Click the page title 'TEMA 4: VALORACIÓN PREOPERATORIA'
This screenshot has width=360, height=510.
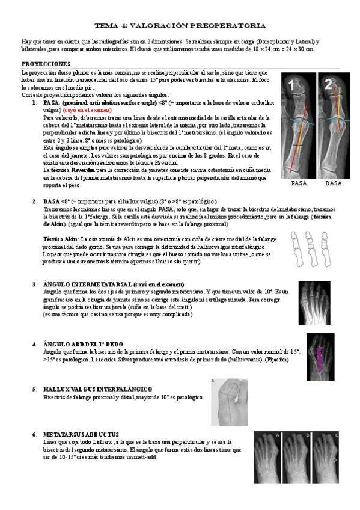click(x=180, y=26)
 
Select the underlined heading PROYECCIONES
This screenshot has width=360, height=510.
click(x=46, y=63)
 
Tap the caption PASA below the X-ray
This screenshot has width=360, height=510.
click(x=299, y=183)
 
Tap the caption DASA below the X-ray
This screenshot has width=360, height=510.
click(x=333, y=183)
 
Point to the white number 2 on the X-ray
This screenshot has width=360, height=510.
click(x=329, y=85)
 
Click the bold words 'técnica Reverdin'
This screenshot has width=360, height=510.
click(x=72, y=170)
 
